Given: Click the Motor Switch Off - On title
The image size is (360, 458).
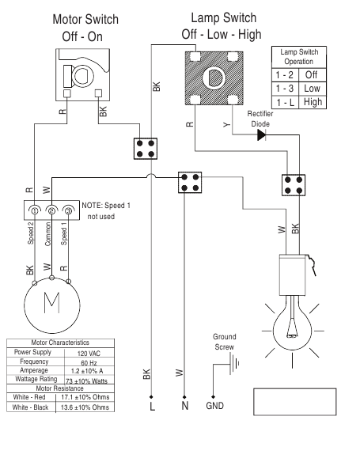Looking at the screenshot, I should (x=83, y=28).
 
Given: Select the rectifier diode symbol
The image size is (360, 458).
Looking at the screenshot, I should (x=262, y=134).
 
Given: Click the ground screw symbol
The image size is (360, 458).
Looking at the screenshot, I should (x=230, y=365).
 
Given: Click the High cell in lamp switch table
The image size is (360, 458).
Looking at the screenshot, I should (x=310, y=103).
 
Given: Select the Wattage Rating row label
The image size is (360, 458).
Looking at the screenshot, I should (x=32, y=379).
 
